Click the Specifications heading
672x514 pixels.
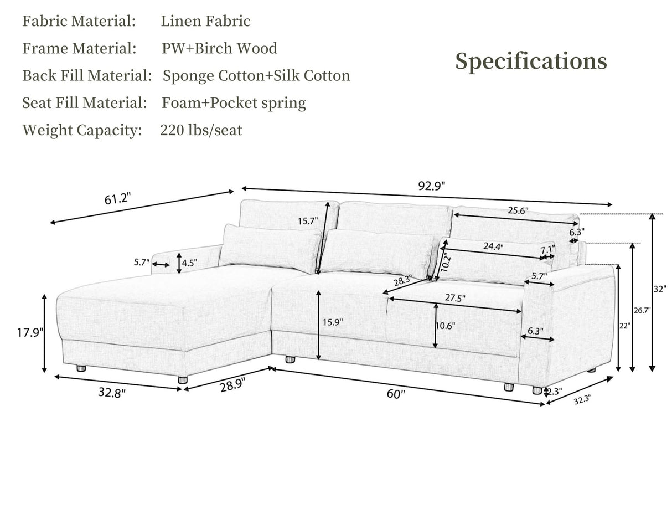pos(531,61)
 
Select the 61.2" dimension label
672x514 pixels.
pos(117,198)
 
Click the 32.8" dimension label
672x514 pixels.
pos(112,393)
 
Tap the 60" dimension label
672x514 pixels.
pos(396,394)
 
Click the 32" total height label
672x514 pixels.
pos(660,289)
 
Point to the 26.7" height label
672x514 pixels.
pos(642,310)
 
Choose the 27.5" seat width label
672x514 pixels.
pos(455,298)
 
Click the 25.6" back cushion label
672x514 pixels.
pos(518,210)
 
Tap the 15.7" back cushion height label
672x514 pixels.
pos(308,221)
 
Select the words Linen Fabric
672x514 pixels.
pos(205,22)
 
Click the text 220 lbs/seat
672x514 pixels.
pos(201,131)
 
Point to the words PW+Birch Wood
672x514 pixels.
pos(219,49)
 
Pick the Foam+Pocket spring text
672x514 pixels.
pos(234,103)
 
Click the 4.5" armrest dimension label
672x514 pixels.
pos(189,263)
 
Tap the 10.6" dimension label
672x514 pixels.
pos(444,326)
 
